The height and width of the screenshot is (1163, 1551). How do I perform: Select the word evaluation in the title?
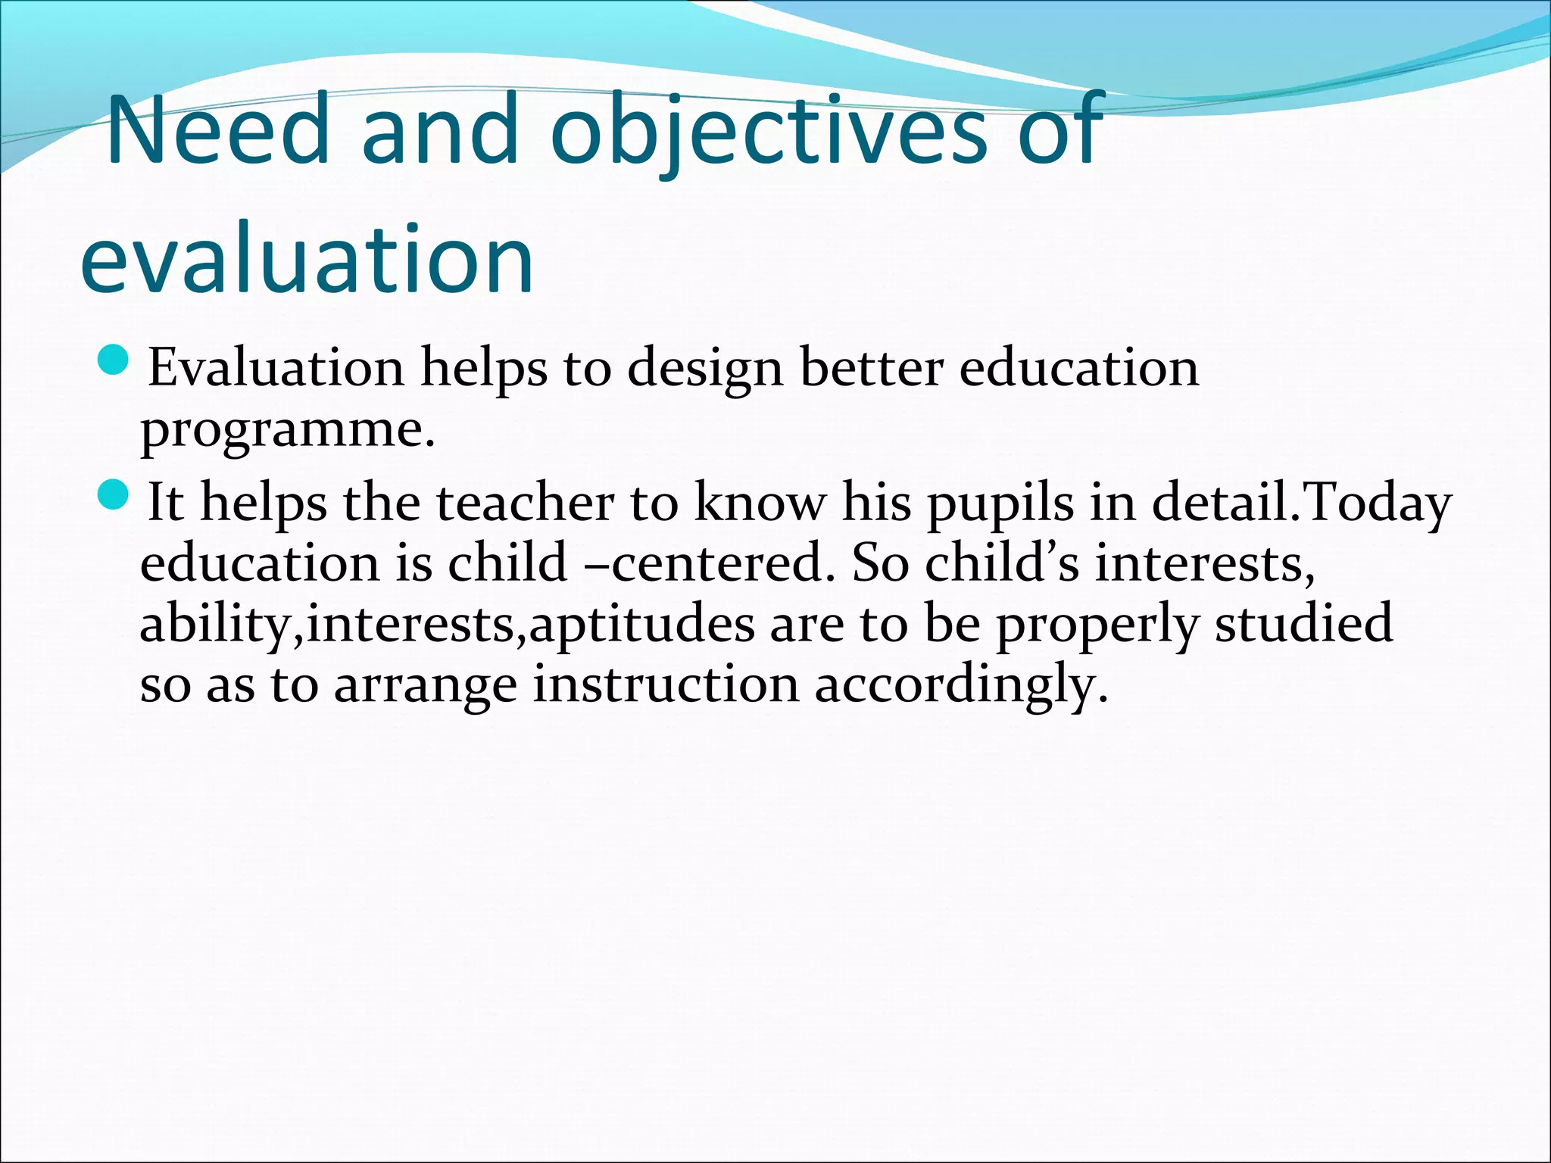307,257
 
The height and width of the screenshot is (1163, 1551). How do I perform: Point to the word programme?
288,430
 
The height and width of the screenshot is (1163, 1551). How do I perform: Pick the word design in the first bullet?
704,369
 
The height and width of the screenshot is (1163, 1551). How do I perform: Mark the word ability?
216,624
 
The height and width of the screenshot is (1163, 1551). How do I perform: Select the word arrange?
425,685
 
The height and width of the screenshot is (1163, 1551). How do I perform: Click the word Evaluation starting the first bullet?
276,369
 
